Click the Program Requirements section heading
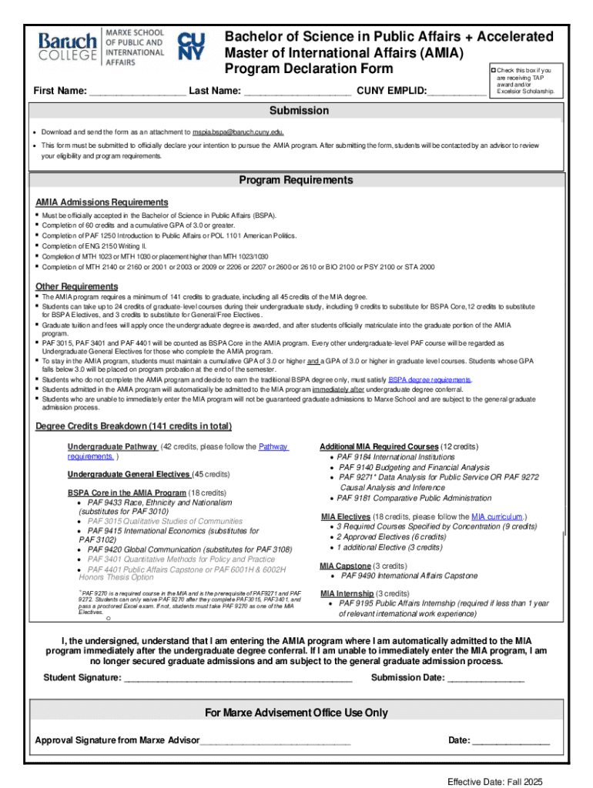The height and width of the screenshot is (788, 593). [296, 180]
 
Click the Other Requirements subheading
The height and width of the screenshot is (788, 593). [77, 286]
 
